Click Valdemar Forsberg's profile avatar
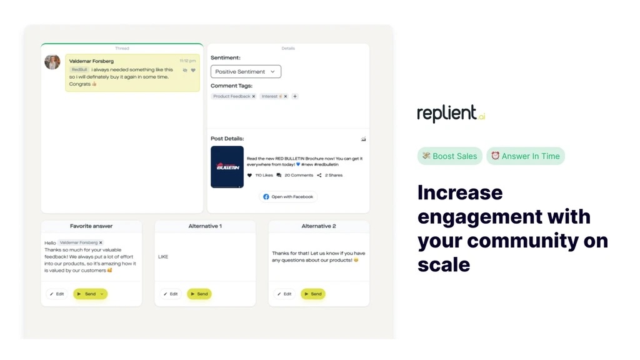coord(52,62)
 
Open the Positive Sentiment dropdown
coord(246,72)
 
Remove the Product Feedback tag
coord(254,96)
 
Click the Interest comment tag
coord(270,96)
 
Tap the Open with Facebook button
coord(288,197)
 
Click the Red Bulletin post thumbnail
coord(227,167)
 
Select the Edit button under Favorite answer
coord(57,294)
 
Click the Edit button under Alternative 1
coord(171,294)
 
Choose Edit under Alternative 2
coord(284,294)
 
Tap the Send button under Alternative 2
coord(312,294)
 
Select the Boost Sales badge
coord(450,156)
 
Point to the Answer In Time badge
coord(526,156)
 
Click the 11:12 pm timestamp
coord(187,61)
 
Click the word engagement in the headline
coord(472,216)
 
